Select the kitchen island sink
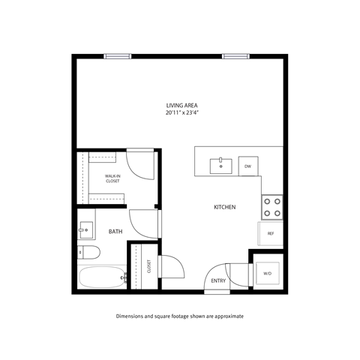tap(221, 165)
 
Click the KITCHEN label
tap(225, 206)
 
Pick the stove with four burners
tap(271, 206)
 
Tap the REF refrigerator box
tap(271, 233)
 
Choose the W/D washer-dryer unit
tap(268, 273)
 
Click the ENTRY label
tap(219, 281)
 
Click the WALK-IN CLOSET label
tap(112, 178)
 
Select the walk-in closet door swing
tap(139, 166)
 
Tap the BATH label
tap(115, 232)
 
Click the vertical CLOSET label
tap(148, 267)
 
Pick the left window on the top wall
tap(116, 55)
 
